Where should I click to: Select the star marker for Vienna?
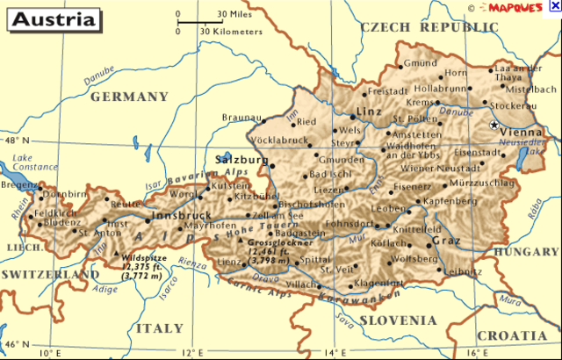point(494,126)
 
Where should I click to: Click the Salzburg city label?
point(241,160)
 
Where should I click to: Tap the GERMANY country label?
point(129,97)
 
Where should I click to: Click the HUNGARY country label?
point(527,251)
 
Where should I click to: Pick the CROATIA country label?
point(512,335)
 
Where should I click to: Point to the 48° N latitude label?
point(17,140)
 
